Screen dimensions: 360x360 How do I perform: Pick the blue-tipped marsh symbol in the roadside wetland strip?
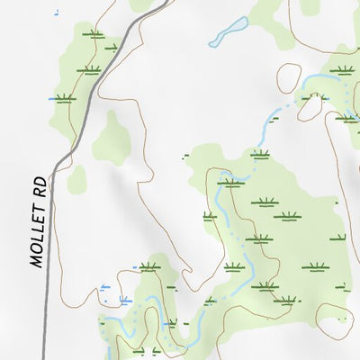[x=64, y=99]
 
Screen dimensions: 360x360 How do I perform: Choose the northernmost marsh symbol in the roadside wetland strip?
[x=94, y=34]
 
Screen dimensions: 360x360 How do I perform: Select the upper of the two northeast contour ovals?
[x=290, y=76]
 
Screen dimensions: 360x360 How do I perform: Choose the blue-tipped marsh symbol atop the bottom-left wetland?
[x=149, y=266]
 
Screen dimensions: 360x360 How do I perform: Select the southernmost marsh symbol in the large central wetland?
[x=265, y=287]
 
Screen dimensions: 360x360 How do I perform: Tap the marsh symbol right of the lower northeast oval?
[x=347, y=116]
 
